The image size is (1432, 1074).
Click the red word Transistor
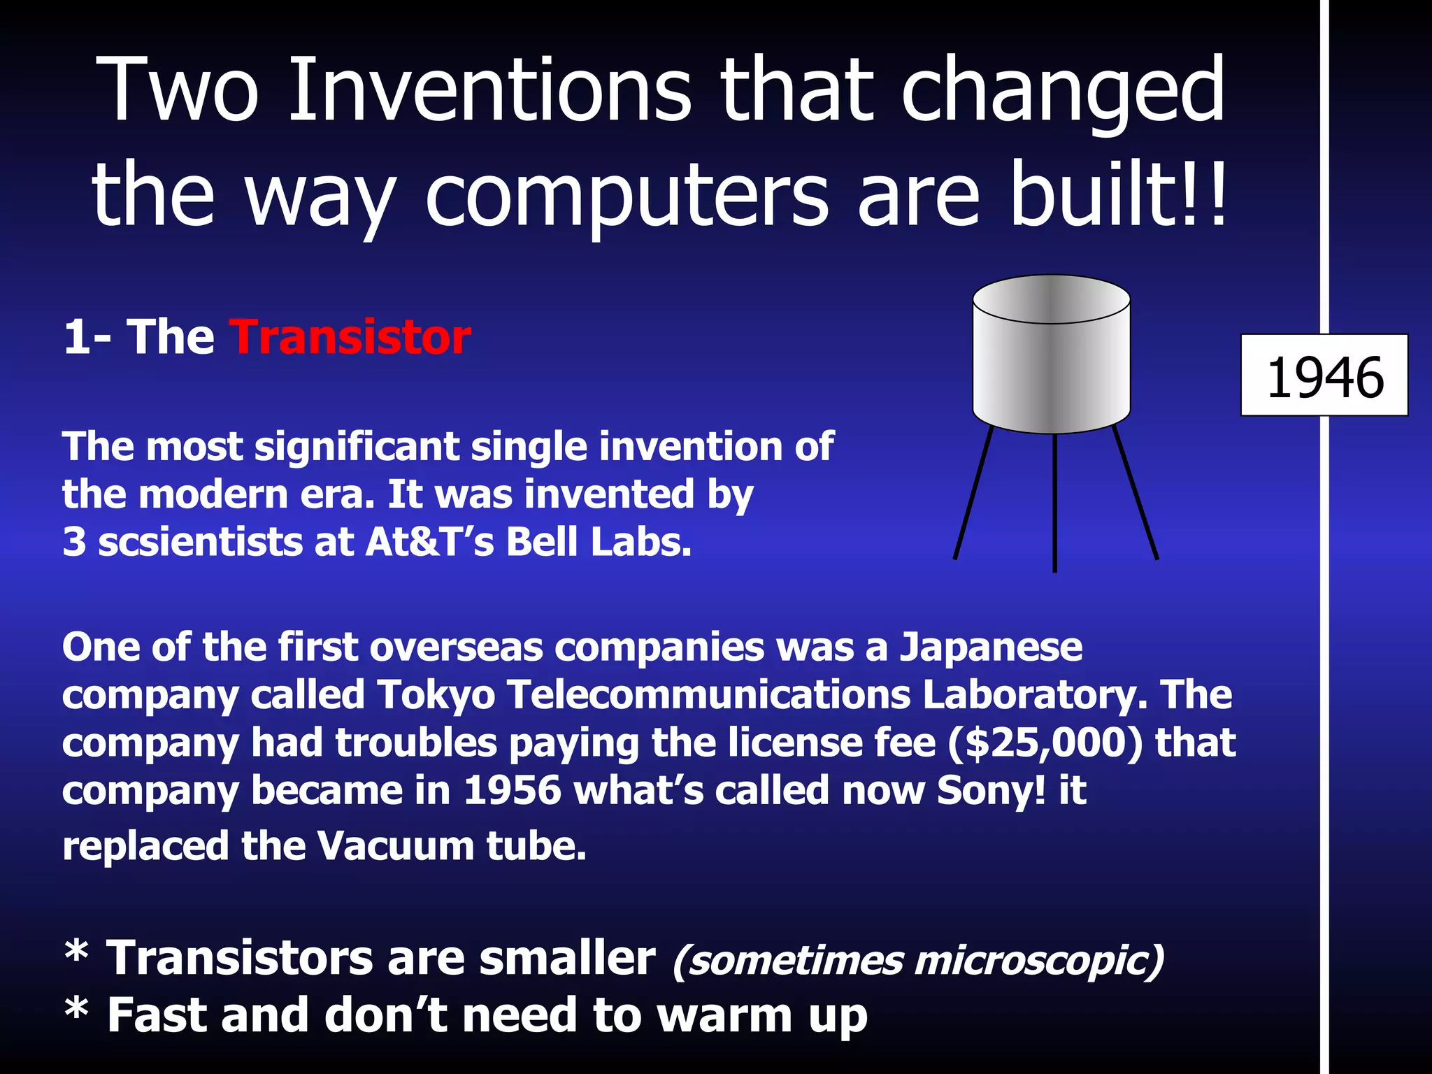coord(351,338)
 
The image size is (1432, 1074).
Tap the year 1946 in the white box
coord(1325,378)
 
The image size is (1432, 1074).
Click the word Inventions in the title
coord(489,91)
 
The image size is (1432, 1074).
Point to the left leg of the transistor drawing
coord(973,493)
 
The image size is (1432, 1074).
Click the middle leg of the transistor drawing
coord(1054,503)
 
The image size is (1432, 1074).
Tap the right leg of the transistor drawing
coord(1136,493)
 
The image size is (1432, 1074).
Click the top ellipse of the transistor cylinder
coord(1052,299)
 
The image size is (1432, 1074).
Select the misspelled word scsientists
coord(201,543)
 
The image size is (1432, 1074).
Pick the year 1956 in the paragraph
coord(513,791)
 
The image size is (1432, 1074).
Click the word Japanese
coord(991,647)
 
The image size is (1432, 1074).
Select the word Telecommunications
coord(708,695)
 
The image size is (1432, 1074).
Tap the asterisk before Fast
coord(76,1011)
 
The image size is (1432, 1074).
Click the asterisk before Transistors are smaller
coord(76,953)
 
